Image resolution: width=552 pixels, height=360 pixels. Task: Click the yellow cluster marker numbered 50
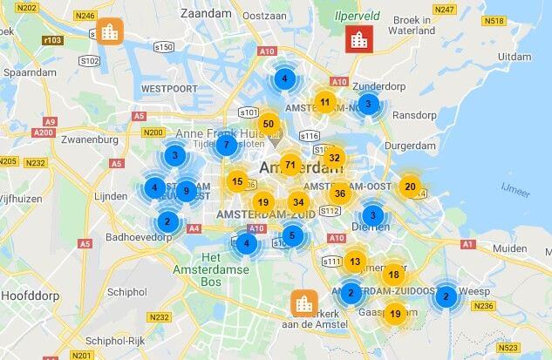[269, 125]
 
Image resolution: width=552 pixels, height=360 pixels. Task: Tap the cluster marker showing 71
[290, 165]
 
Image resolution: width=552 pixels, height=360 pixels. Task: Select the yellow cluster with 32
[334, 158]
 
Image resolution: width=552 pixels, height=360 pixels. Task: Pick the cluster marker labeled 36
[341, 193]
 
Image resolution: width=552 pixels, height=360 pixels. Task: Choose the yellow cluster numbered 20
[410, 186]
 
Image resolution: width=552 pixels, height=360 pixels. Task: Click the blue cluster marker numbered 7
[226, 145]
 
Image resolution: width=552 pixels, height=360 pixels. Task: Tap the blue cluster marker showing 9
[185, 190]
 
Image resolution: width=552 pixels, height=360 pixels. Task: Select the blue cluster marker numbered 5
[292, 234]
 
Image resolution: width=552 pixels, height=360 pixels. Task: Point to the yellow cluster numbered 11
[324, 102]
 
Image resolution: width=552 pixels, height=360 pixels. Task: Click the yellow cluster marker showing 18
[393, 275]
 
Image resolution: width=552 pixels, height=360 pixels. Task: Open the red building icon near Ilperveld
[357, 39]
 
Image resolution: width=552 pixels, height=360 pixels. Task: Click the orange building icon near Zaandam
[110, 31]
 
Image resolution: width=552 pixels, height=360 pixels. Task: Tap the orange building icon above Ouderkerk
[304, 303]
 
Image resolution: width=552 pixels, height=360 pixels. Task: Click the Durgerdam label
[412, 146]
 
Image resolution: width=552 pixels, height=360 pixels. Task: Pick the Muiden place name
[510, 248]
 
